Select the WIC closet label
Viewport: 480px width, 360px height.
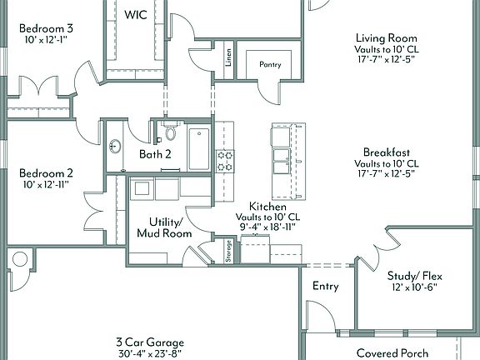coord(136,15)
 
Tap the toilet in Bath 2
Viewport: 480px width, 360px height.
coord(171,132)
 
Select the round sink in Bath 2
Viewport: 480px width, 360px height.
coord(116,147)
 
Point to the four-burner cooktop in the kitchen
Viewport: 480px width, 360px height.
coord(225,160)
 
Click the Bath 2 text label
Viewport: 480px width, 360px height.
coord(155,154)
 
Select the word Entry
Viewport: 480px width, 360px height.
coord(325,286)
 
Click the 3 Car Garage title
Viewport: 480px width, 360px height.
coord(150,342)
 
